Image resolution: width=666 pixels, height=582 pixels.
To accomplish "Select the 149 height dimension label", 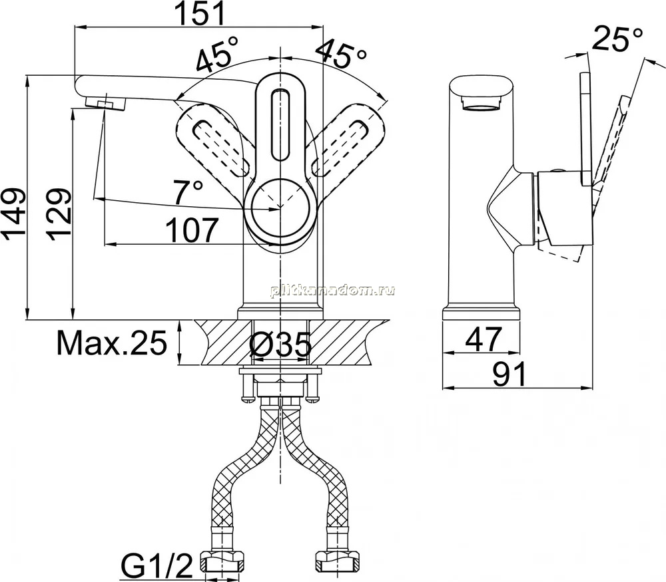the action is click(13, 214).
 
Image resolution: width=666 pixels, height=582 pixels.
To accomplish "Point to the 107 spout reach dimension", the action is click(191, 229).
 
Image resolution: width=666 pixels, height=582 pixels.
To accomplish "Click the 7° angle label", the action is click(188, 192).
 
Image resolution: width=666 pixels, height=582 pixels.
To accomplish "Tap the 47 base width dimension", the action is click(484, 339).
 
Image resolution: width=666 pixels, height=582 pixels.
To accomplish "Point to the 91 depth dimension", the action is click(509, 374).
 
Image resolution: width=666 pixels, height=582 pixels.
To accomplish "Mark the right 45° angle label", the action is click(340, 54).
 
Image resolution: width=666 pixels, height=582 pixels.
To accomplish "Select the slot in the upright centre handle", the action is click(280, 125).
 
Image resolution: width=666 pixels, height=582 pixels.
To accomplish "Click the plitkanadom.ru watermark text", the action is click(332, 291).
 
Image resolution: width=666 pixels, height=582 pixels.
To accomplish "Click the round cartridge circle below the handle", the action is click(280, 208).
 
